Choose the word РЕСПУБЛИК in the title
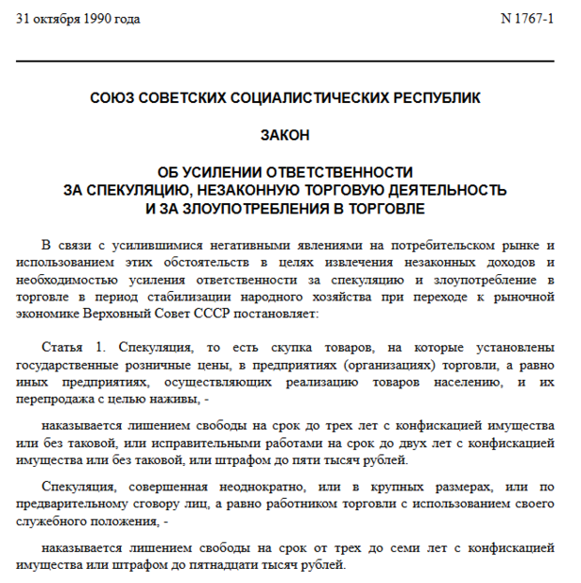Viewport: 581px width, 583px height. point(434,97)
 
